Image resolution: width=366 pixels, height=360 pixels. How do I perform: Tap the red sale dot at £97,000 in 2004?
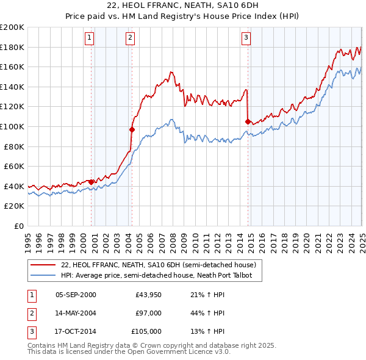coord(132,129)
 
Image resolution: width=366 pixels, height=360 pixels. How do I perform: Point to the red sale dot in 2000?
coord(91,182)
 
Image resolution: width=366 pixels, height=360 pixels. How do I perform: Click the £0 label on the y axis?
coord(19,226)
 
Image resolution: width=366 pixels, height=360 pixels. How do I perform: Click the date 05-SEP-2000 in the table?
coord(76,295)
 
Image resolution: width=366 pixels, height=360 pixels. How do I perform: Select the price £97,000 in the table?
coord(148,313)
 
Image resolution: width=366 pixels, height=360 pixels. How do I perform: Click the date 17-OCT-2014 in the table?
coord(76,331)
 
